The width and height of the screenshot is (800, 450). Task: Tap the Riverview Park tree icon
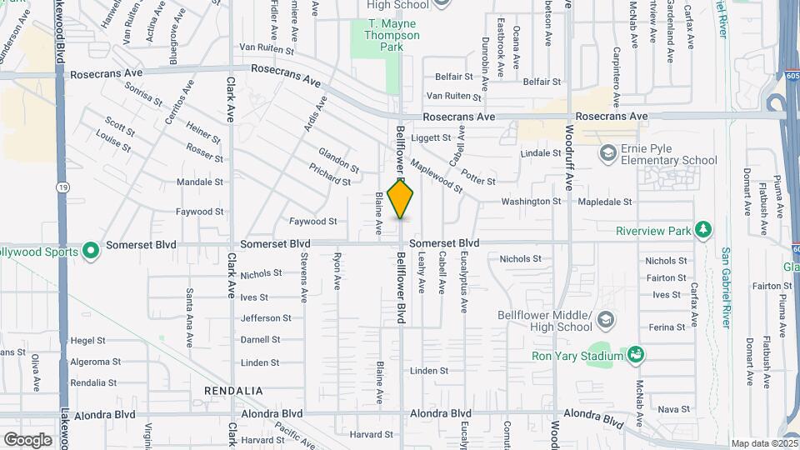coord(704,229)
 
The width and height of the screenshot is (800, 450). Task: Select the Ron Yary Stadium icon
coord(636,354)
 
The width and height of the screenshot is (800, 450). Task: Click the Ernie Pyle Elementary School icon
coord(609,153)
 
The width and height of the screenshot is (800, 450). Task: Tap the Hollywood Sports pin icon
coord(91,250)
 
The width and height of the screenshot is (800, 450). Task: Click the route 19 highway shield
coord(62,187)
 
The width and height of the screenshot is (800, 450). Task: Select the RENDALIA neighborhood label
coord(234,390)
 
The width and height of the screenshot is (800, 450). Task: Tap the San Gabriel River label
coord(726,283)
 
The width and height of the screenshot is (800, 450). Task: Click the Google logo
coord(27,439)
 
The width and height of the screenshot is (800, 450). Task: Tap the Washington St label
coord(531,202)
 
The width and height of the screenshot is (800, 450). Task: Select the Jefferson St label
coord(266,317)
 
